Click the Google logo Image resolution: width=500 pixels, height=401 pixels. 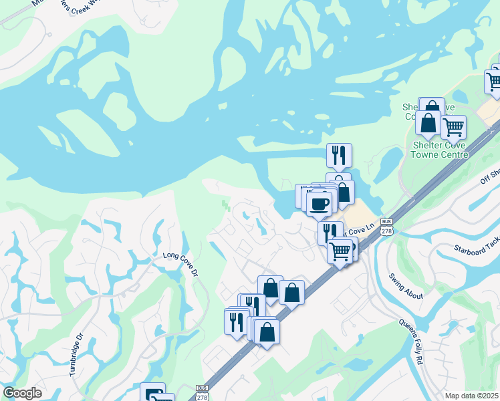22,393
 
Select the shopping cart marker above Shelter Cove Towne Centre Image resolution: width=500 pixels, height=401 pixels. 453,126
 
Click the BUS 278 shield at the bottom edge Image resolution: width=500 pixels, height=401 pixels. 202,393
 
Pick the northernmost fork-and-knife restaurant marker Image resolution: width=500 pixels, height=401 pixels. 339,155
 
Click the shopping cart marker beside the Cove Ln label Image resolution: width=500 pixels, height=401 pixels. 340,251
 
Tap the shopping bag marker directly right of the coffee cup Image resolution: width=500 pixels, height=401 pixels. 342,192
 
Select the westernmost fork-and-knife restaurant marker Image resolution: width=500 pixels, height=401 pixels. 236,322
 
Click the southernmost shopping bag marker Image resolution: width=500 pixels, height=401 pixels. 267,331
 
